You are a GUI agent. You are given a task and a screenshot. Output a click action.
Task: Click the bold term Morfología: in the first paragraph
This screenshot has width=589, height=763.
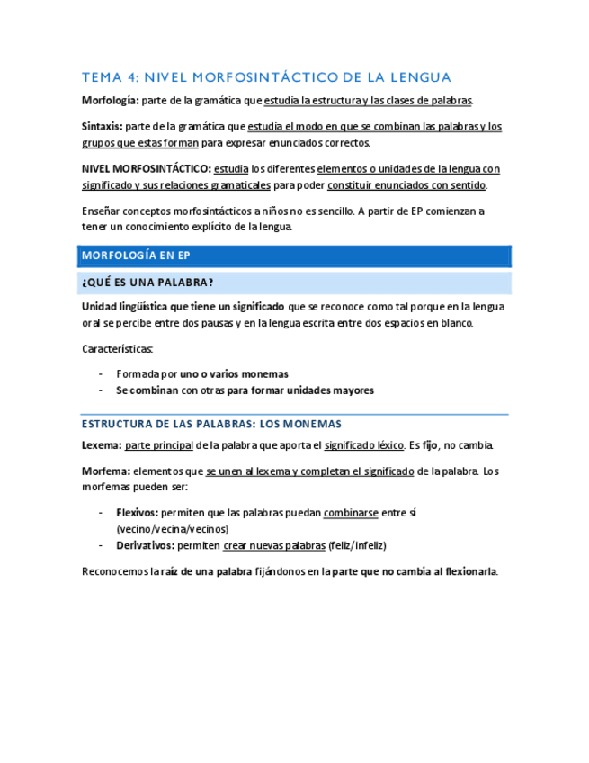[110, 100]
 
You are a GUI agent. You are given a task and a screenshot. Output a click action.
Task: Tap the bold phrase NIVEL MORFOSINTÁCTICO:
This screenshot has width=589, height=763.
[147, 168]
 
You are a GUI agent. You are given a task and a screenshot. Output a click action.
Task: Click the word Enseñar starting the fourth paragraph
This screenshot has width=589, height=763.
[102, 211]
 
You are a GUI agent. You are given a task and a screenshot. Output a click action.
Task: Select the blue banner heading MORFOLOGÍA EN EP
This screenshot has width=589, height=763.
[135, 256]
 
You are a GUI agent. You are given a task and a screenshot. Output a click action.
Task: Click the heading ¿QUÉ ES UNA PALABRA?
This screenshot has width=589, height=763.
[147, 283]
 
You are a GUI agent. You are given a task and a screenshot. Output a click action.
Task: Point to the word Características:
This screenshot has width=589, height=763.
[117, 348]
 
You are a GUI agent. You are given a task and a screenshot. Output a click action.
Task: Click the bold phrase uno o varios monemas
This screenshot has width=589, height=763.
[234, 373]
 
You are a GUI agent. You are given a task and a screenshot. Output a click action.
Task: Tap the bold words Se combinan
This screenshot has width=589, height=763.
[147, 390]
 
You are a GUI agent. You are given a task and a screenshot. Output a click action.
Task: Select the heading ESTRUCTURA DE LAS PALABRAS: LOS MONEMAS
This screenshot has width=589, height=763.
[211, 424]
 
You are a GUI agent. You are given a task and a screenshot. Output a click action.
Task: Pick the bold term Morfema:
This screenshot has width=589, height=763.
[106, 471]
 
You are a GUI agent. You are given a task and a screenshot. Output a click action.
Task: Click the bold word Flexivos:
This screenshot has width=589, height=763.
[138, 512]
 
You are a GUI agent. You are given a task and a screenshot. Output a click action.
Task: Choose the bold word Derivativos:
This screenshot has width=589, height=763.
[146, 545]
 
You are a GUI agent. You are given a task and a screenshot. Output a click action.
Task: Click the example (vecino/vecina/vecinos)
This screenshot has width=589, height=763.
[173, 529]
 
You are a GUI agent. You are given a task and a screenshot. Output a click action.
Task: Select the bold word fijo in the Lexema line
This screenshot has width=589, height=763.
[431, 445]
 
